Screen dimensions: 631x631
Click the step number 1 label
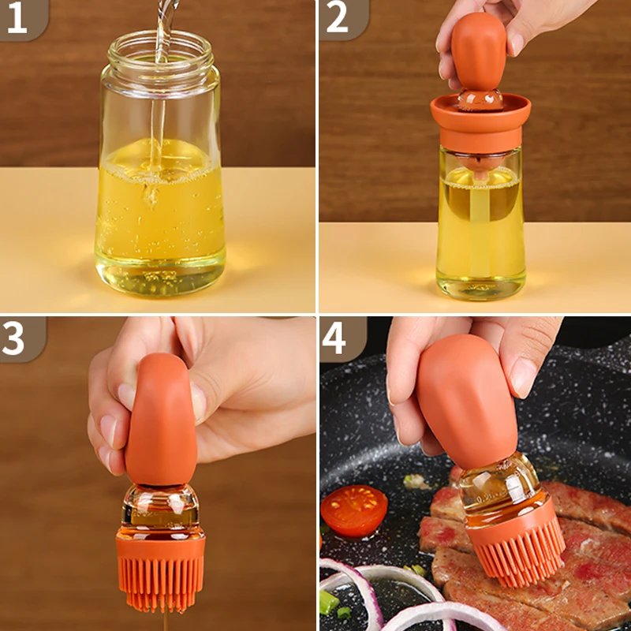[17, 18]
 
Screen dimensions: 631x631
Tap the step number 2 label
[337, 18]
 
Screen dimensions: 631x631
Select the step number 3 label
[15, 337]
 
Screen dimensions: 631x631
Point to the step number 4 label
[334, 338]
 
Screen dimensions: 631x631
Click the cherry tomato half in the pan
[354, 510]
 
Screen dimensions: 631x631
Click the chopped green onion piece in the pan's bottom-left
[328, 603]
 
